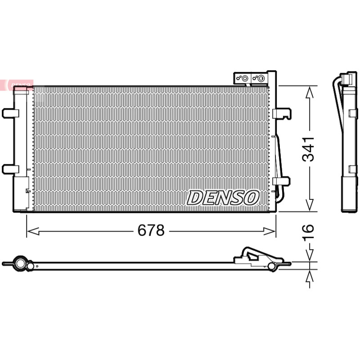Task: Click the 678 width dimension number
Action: (151, 230)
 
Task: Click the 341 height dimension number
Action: (308, 149)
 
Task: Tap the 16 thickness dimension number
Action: (308, 233)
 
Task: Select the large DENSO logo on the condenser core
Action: (223, 198)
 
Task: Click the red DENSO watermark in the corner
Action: (17, 85)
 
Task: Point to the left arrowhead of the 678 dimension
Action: (33, 231)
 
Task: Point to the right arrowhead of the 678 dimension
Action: (269, 231)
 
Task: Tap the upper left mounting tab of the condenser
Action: (10, 113)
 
